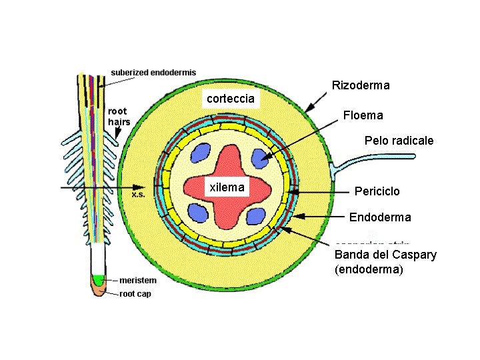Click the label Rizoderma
(361, 85)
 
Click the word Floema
(363, 115)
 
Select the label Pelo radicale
(399, 141)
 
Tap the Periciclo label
(377, 191)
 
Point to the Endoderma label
(380, 217)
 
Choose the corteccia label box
(230, 99)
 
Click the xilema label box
(227, 187)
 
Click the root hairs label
(119, 117)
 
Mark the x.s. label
(139, 195)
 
